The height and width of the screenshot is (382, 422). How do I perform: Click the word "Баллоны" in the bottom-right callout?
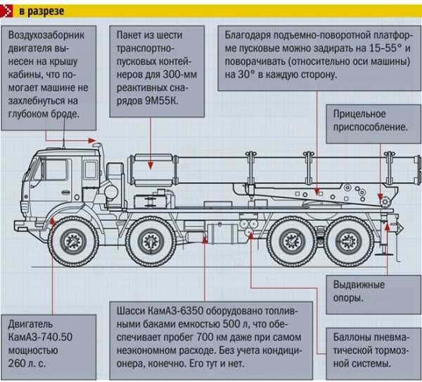point(354,337)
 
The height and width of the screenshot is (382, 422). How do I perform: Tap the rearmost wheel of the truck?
point(349,240)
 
